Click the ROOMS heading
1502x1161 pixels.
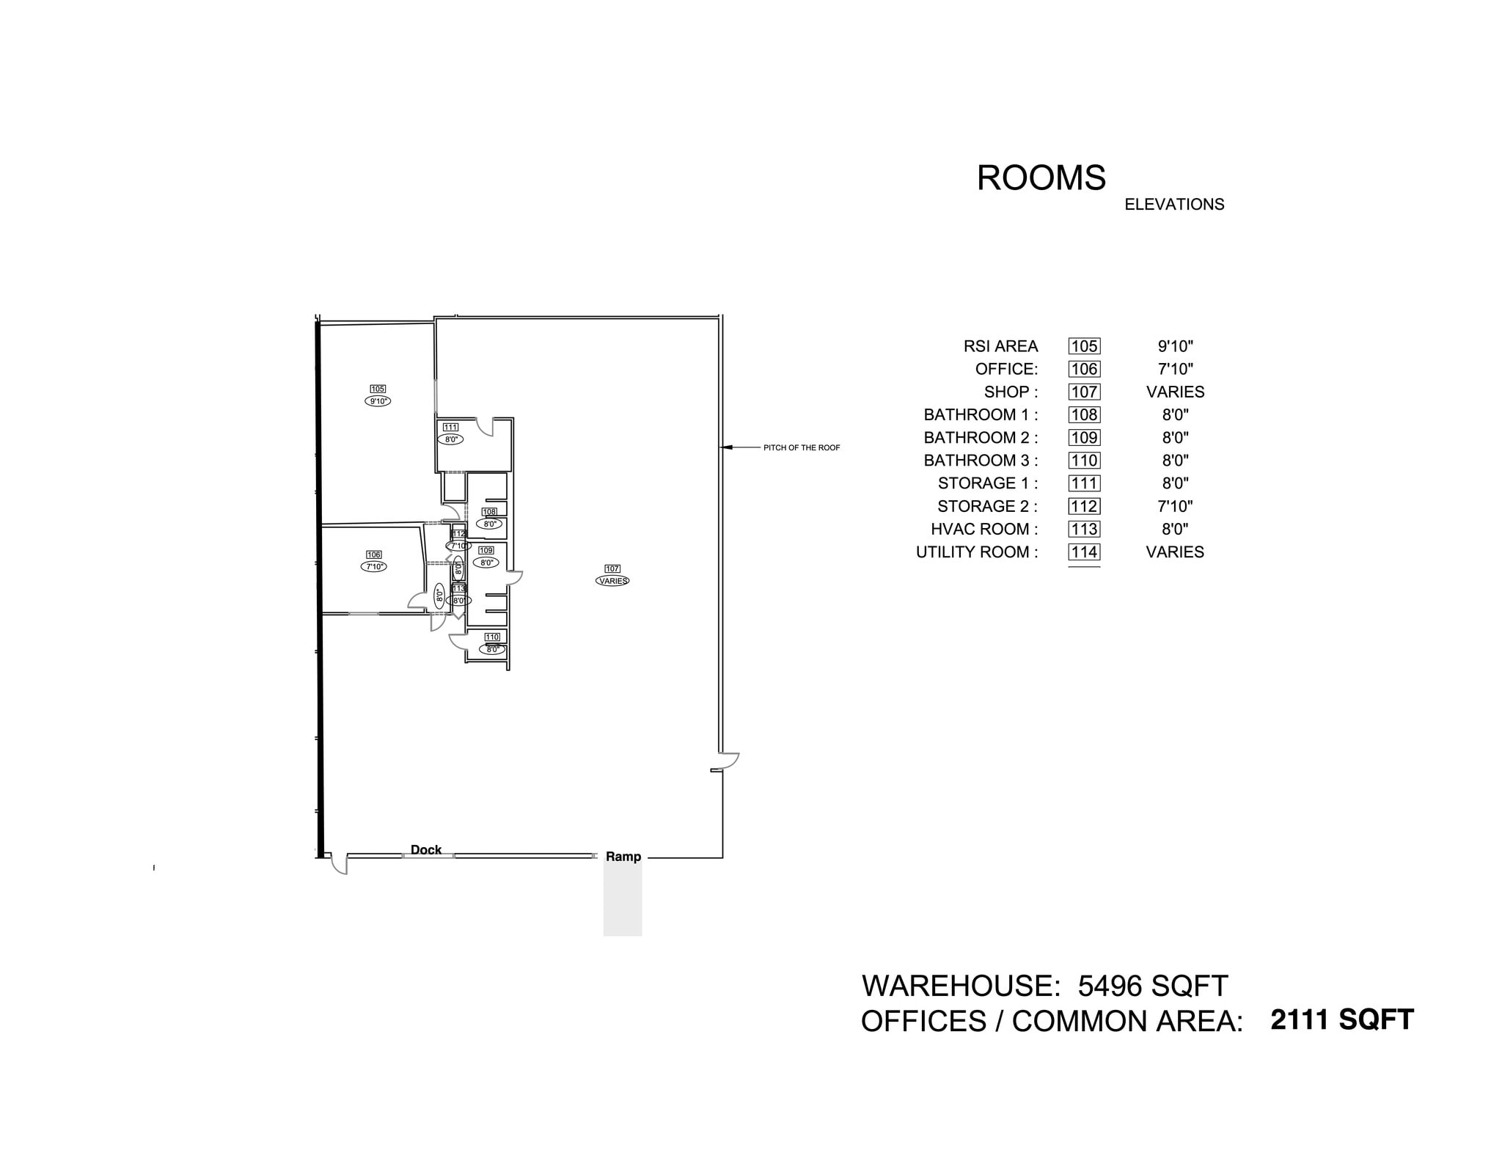[x=1041, y=178]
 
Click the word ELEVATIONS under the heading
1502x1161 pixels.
[x=1174, y=205]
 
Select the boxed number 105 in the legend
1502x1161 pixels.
[x=1084, y=346]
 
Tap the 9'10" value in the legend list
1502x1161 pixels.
[x=1175, y=346]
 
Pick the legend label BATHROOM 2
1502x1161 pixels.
[x=981, y=438]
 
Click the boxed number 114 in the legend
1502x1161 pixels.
[x=1084, y=552]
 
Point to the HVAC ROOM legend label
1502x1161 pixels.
[x=984, y=530]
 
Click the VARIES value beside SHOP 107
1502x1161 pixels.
[x=1175, y=392]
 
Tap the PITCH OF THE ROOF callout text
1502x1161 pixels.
[x=802, y=448]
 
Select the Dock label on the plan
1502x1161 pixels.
[x=426, y=850]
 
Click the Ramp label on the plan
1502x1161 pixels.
[x=623, y=857]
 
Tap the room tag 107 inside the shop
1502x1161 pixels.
[x=612, y=568]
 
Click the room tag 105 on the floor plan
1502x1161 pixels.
[x=378, y=389]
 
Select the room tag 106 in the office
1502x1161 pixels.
[x=373, y=555]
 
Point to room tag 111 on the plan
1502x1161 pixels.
[x=450, y=428]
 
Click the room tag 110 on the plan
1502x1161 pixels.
[x=492, y=637]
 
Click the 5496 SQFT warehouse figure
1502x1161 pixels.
[x=1152, y=986]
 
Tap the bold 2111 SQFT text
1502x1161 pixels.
[x=1341, y=1020]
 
